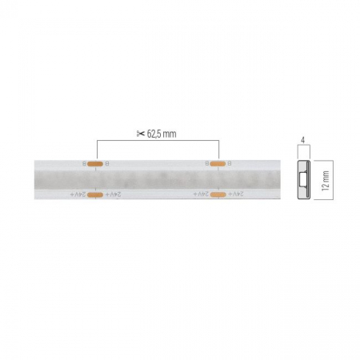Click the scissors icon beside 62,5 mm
pos(140,133)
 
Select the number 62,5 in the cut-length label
pos(158,133)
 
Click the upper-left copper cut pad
pos(95,163)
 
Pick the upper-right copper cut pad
pos(218,163)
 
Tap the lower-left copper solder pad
pos(95,194)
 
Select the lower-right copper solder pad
pos(218,194)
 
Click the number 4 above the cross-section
pos(303,141)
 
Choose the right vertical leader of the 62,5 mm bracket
pos(218,150)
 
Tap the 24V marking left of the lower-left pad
pos(78,194)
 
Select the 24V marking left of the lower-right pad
pos(201,194)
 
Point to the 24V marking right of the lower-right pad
pos(234,194)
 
